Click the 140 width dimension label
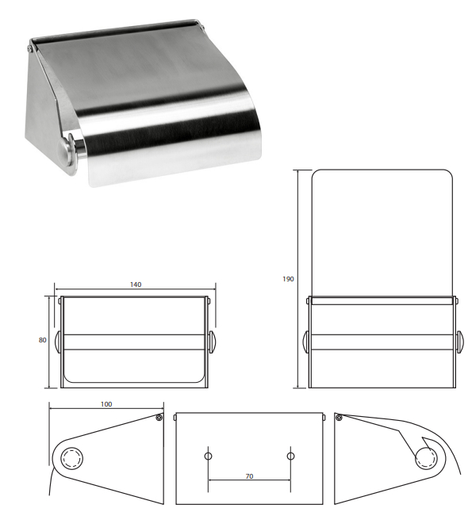(x=136, y=285)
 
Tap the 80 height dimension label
(x=43, y=340)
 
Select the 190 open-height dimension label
(x=288, y=279)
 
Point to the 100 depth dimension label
(x=106, y=404)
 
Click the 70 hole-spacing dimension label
(x=249, y=476)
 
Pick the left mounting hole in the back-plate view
(x=208, y=457)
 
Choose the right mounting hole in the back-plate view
(x=290, y=457)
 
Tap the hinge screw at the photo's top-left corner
(x=30, y=48)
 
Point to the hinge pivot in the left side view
(x=159, y=418)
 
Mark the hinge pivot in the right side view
(x=339, y=417)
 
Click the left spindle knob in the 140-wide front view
(x=58, y=342)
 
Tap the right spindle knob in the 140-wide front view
(x=211, y=342)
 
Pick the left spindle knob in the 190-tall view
(x=306, y=342)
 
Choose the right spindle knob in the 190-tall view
(x=459, y=342)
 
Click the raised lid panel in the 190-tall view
(x=382, y=233)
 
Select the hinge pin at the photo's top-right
(x=202, y=27)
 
